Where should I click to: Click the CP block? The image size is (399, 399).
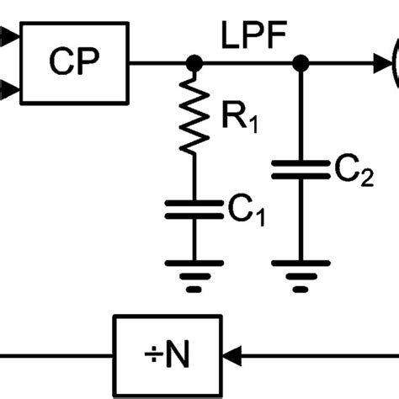(x=72, y=62)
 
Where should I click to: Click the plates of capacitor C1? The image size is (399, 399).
(x=194, y=209)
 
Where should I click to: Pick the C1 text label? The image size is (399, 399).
(x=244, y=210)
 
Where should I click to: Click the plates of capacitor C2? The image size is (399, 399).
(x=299, y=173)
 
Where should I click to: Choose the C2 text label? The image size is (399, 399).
(x=349, y=174)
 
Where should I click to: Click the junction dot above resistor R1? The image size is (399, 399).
(x=194, y=62)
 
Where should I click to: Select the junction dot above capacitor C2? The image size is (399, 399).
(x=299, y=62)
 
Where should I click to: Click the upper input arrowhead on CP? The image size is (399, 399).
(x=7, y=37)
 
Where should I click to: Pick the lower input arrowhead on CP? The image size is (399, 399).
(x=7, y=88)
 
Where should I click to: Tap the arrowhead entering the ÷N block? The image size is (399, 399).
(x=230, y=349)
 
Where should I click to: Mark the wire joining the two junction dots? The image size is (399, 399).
(x=247, y=62)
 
